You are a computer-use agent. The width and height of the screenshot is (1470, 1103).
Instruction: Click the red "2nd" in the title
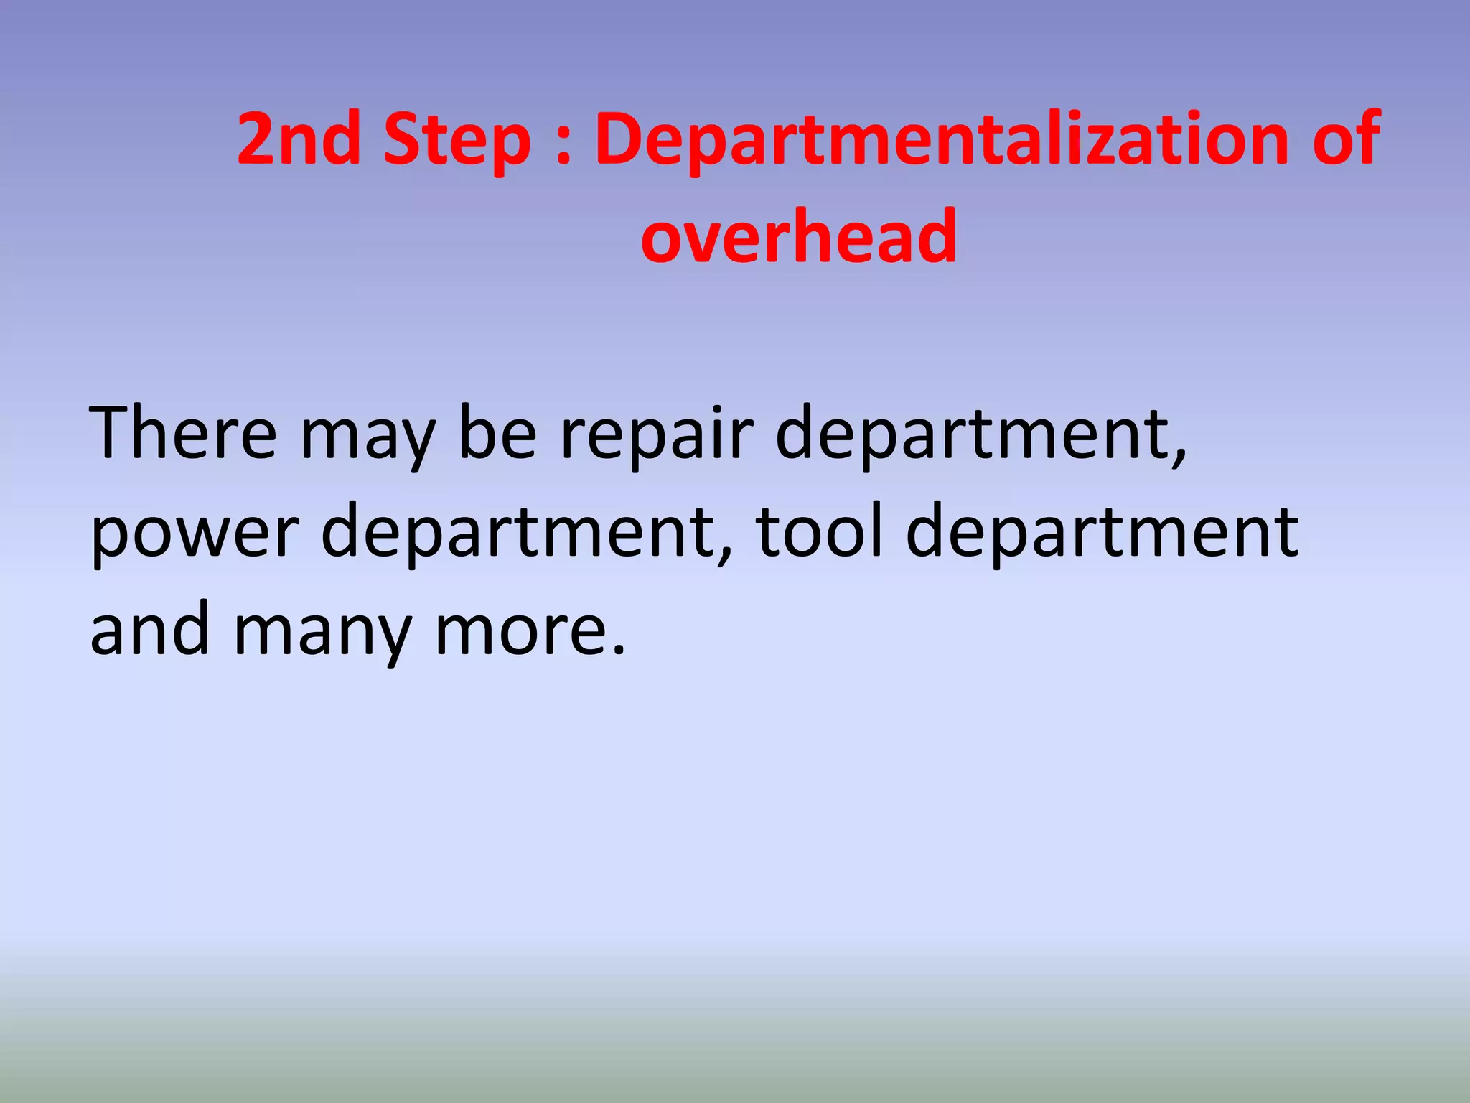(x=299, y=139)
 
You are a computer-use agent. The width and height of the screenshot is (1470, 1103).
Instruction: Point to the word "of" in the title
(x=1345, y=139)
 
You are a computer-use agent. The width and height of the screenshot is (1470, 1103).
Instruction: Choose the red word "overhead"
(x=799, y=236)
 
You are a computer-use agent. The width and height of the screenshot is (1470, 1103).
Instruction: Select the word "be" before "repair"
(x=497, y=433)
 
